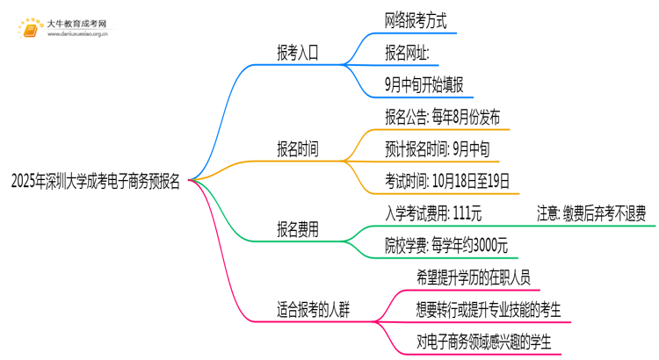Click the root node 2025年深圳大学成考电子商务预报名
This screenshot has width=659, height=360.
(x=96, y=182)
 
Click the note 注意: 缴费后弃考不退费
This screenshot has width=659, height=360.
(x=591, y=213)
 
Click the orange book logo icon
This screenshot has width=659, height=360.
(x=32, y=28)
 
